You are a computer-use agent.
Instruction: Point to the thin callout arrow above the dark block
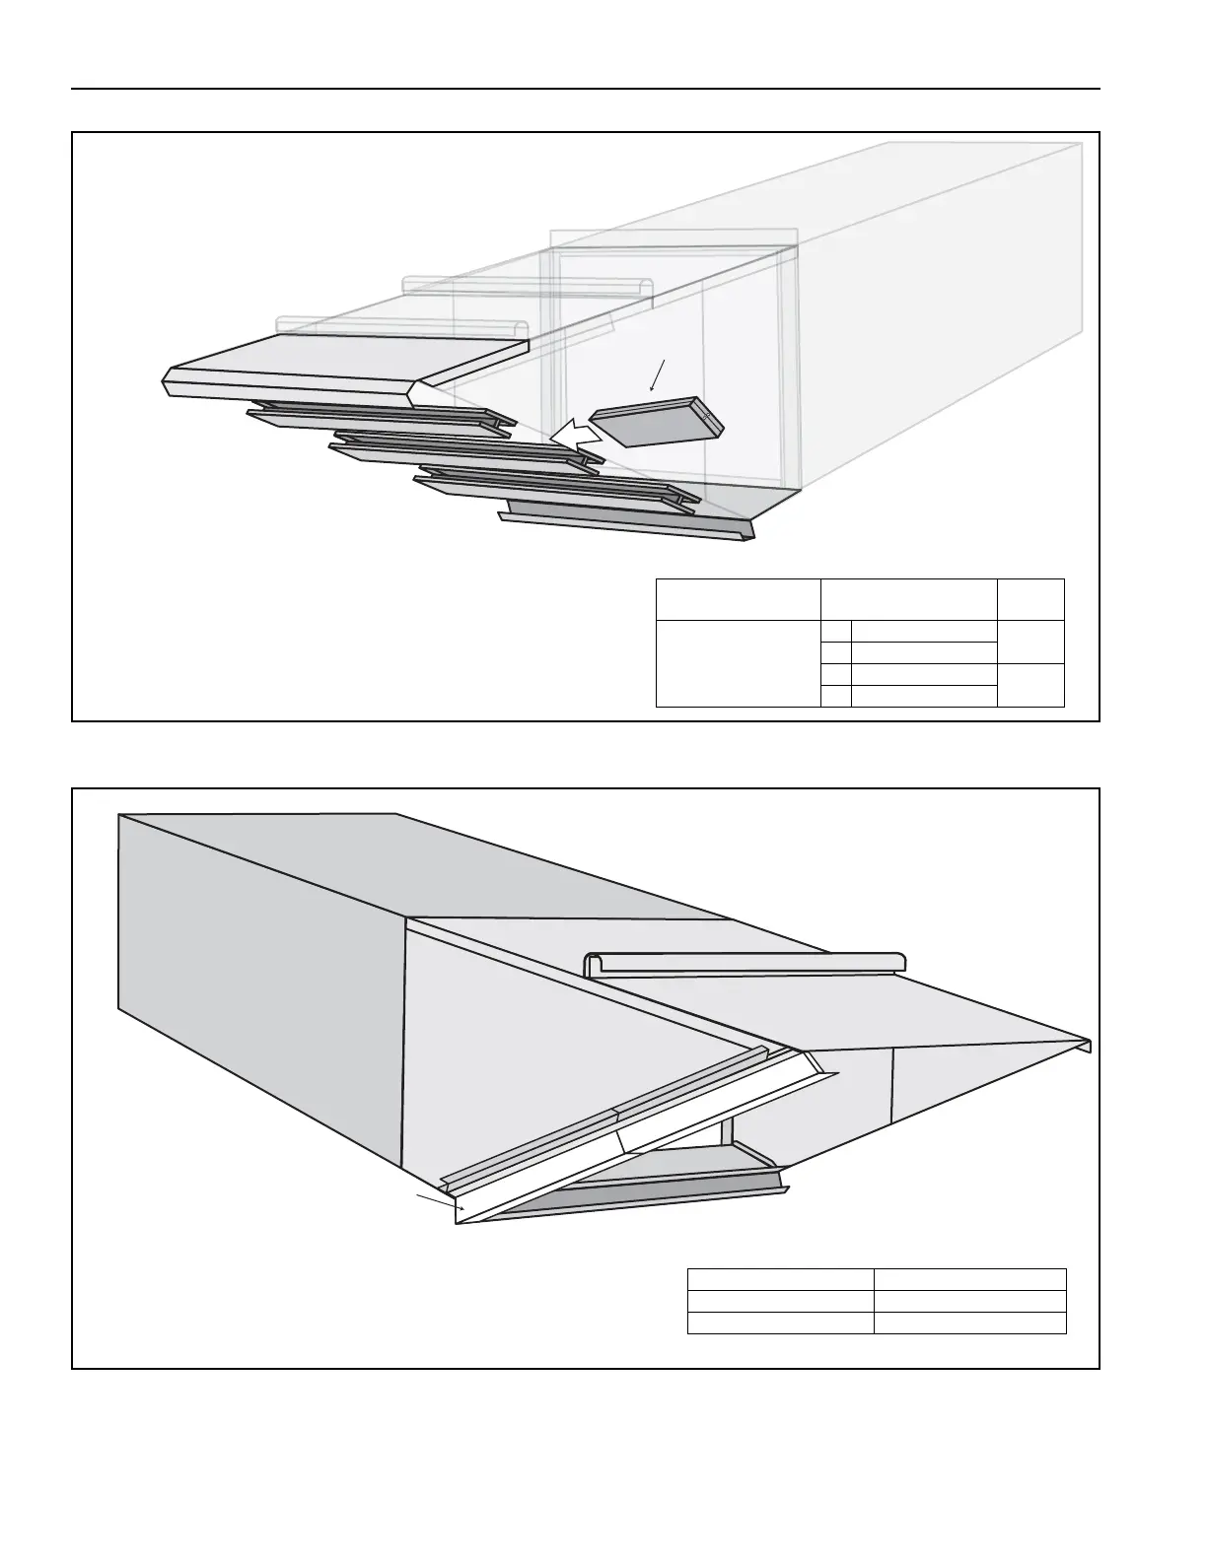coord(659,375)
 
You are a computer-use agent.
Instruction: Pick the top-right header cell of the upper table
coord(1030,599)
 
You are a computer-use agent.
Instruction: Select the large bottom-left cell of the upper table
coord(738,663)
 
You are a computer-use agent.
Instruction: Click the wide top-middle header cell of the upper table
coord(908,599)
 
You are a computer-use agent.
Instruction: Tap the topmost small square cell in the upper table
coord(835,631)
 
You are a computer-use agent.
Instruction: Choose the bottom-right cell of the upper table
coord(1030,685)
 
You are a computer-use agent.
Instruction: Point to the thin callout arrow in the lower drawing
coord(440,1201)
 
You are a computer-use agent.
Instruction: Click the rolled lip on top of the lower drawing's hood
coord(745,962)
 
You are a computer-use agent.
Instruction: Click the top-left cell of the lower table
coord(780,1279)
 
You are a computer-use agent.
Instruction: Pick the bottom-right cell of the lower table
coord(969,1323)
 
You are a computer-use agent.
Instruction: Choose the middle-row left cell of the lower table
coord(780,1301)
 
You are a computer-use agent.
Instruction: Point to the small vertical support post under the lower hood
coord(727,1131)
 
